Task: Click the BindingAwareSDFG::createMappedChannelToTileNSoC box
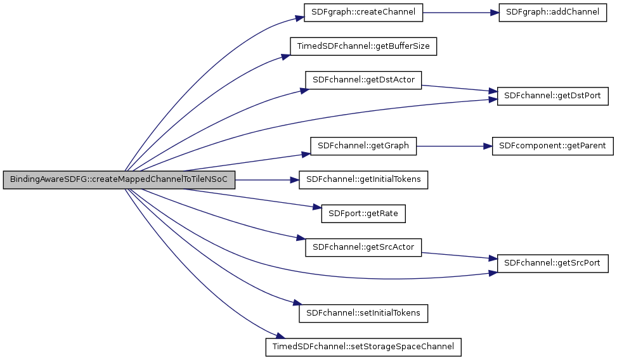pos(119,180)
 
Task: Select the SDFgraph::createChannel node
pos(359,13)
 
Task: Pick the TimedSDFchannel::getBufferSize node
pos(363,46)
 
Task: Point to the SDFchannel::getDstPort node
pos(553,96)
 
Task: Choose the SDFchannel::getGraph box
pos(363,146)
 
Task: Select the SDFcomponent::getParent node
pos(553,146)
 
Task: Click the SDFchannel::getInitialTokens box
pos(363,180)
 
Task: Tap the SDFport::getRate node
pos(363,213)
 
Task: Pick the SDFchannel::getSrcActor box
pos(363,247)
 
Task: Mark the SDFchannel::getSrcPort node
pos(553,263)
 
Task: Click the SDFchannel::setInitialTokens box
pos(363,313)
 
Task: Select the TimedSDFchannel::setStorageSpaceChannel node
pos(363,347)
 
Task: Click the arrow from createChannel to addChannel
pos(460,13)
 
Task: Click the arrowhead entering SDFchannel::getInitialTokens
pos(295,180)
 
